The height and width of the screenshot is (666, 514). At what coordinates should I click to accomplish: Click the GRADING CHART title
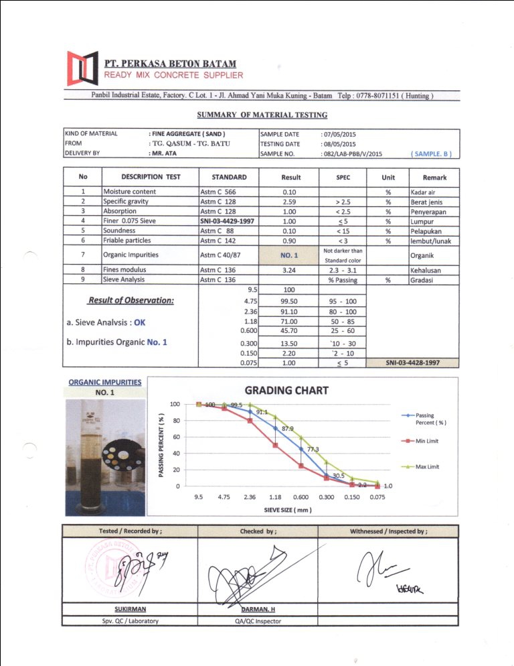[286, 390]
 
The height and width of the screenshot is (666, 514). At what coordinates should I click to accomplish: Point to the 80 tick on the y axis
[175, 421]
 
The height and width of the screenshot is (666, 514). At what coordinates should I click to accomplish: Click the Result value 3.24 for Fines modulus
[290, 271]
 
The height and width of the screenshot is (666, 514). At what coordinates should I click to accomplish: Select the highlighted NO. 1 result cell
[290, 255]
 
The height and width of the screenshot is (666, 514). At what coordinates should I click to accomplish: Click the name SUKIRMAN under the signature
[130, 609]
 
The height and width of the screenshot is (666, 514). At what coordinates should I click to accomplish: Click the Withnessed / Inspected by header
[389, 531]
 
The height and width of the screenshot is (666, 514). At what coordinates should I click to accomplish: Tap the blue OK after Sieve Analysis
[139, 322]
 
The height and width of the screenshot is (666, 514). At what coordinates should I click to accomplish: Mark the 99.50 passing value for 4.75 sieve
[290, 302]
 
